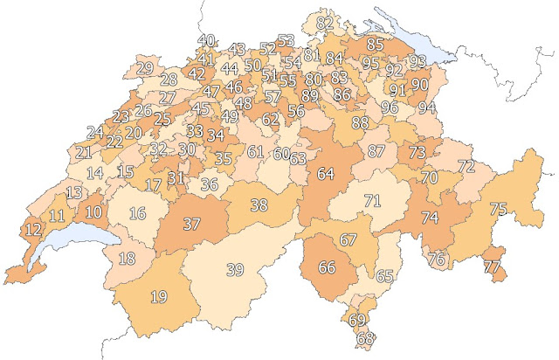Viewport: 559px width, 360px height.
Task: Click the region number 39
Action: [235, 269]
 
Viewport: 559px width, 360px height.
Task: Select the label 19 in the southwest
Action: [158, 297]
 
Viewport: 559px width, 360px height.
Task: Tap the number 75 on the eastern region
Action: [498, 209]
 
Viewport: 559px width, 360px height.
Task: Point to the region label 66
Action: [328, 267]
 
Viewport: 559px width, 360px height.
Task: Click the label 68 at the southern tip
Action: [365, 338]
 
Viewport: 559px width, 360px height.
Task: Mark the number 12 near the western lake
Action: [34, 231]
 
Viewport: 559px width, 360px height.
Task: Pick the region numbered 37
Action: [191, 224]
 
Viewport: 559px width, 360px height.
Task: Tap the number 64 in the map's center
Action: [326, 174]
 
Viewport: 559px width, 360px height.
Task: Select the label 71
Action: [373, 201]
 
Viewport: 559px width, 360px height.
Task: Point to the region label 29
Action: [145, 68]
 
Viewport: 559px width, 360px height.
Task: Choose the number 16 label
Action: [137, 213]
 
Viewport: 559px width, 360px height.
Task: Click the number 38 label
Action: [259, 206]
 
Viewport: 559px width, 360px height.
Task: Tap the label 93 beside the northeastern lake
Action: [418, 61]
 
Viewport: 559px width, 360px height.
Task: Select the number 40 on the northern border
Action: [207, 40]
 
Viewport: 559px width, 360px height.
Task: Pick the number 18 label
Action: [128, 258]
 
